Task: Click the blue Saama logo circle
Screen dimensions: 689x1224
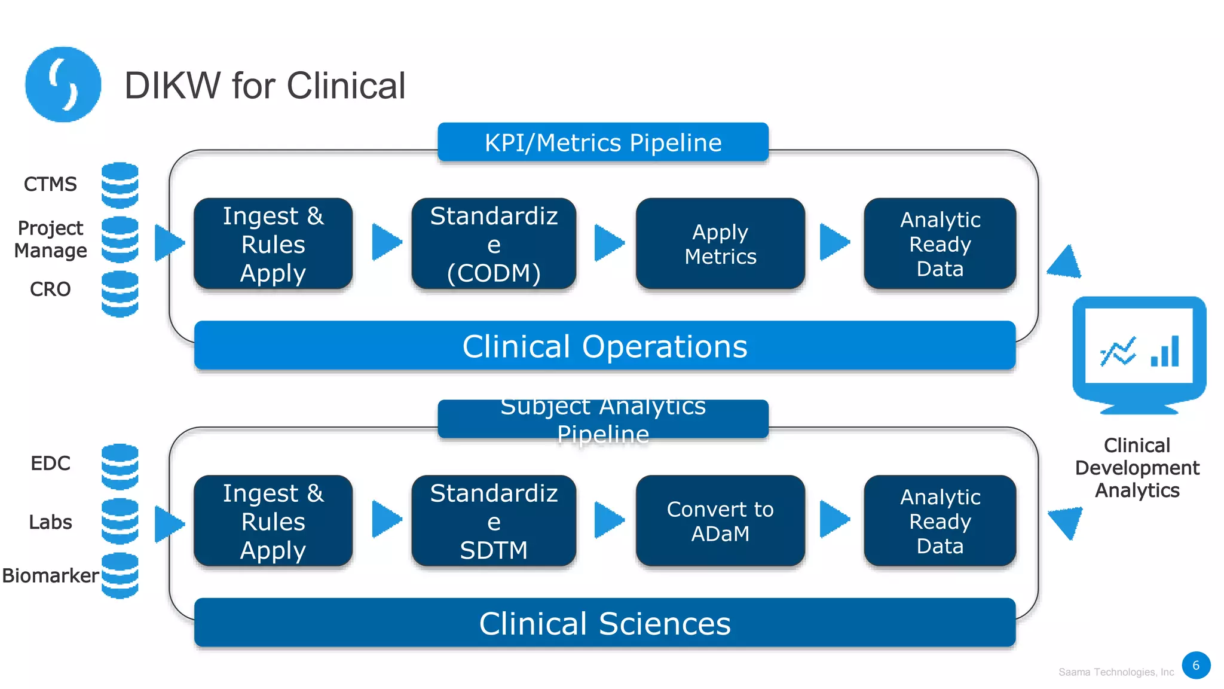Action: tap(63, 84)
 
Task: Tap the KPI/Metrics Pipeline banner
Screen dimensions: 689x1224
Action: tap(602, 142)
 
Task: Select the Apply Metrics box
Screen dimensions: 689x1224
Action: tap(720, 243)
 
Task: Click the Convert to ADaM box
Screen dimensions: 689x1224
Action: tap(720, 520)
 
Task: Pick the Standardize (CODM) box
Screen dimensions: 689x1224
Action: tap(494, 243)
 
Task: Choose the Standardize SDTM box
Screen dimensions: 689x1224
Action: tap(494, 520)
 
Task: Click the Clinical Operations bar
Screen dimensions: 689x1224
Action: tap(604, 346)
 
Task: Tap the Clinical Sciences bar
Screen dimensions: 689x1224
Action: tap(604, 623)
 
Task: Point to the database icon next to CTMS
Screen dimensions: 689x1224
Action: tap(120, 185)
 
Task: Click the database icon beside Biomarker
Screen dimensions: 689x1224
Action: tap(120, 575)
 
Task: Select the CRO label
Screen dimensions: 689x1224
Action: tap(50, 289)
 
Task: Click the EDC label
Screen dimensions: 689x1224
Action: tap(50, 463)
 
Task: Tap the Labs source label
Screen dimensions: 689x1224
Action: tap(50, 522)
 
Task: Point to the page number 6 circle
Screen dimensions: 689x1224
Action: tap(1195, 665)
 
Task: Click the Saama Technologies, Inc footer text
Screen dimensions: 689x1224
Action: tap(1116, 672)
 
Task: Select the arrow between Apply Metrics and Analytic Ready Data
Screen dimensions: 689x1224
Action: tap(834, 242)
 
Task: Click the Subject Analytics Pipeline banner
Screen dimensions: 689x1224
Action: tap(602, 419)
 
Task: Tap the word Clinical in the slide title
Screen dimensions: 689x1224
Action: tap(346, 85)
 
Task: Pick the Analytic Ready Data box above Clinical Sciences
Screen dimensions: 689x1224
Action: tap(940, 520)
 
